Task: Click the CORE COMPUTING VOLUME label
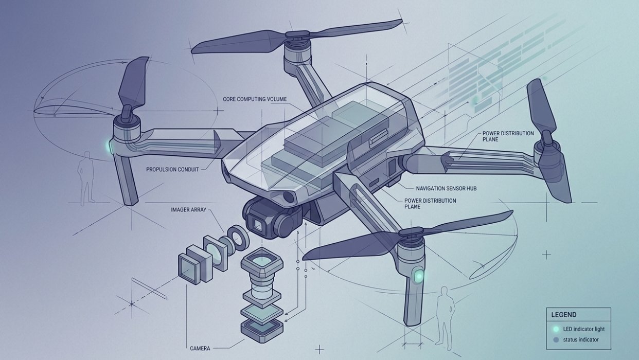[x=255, y=99]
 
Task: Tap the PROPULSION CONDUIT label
[x=172, y=169]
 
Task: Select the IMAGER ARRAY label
[x=189, y=210]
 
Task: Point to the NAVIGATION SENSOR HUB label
[x=446, y=189]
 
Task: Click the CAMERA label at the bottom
[x=200, y=348]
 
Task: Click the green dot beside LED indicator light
[x=556, y=329]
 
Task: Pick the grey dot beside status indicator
[x=556, y=340]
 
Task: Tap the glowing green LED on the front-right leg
[x=419, y=276]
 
